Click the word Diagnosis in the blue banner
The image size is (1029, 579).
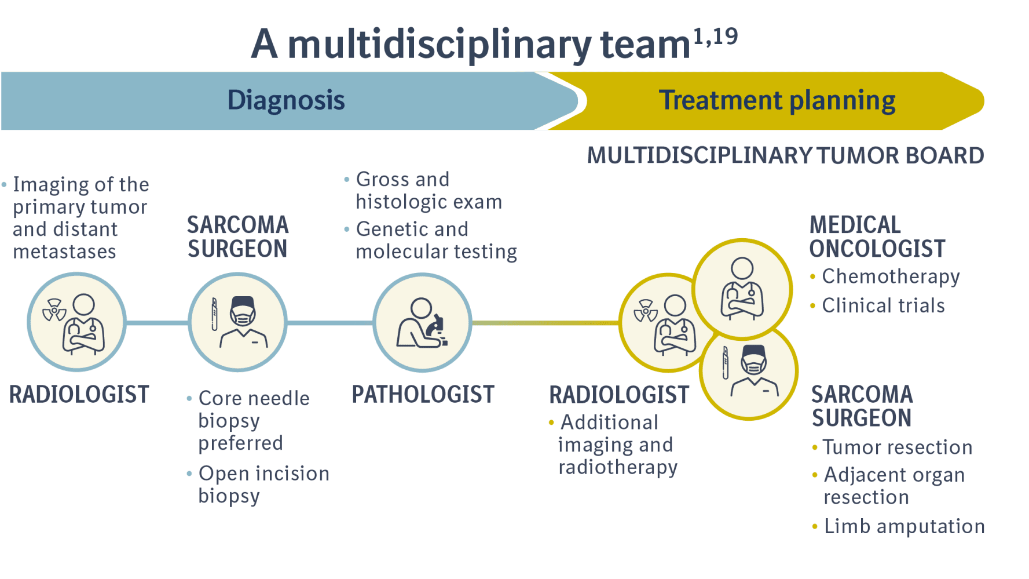pyautogui.click(x=285, y=100)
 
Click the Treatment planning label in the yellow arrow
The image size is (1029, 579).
pyautogui.click(x=777, y=100)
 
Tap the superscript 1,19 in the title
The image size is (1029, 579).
pyautogui.click(x=716, y=37)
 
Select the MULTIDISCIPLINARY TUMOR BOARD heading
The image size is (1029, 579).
pyautogui.click(x=785, y=155)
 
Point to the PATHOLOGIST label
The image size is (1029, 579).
pyautogui.click(x=423, y=395)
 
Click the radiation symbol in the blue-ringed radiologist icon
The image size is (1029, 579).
pyautogui.click(x=54, y=309)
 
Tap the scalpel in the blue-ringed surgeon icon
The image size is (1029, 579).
pyautogui.click(x=214, y=315)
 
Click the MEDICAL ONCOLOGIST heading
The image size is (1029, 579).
pyautogui.click(x=876, y=236)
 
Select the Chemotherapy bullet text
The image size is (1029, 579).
pyautogui.click(x=891, y=276)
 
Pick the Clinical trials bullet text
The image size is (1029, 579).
pyautogui.click(x=883, y=305)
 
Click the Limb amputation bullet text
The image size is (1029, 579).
pyautogui.click(x=904, y=526)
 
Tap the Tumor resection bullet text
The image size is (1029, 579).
pyautogui.click(x=897, y=447)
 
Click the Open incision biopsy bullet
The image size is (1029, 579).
pyautogui.click(x=263, y=485)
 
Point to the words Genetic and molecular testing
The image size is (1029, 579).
pyautogui.click(x=435, y=241)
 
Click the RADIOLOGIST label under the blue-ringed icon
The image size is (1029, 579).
pyautogui.click(x=79, y=395)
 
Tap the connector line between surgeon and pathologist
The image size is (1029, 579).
pyautogui.click(x=329, y=323)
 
